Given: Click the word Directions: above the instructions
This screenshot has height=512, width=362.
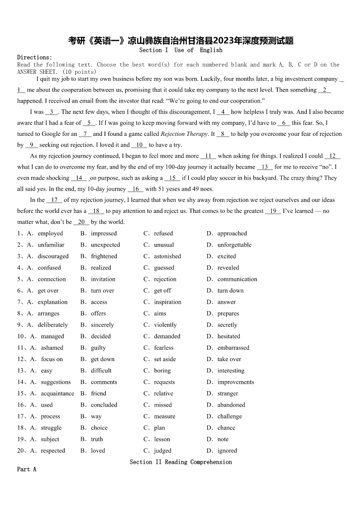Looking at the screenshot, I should (35, 57).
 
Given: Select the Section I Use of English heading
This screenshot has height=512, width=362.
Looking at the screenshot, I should (181, 50).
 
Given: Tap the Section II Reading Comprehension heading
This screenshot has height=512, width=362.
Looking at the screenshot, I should (181, 462).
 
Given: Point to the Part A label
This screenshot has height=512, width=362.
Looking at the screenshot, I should (26, 469).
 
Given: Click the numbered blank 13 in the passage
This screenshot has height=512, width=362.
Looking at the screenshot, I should (265, 167).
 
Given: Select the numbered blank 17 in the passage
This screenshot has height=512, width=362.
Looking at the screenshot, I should (54, 200).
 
